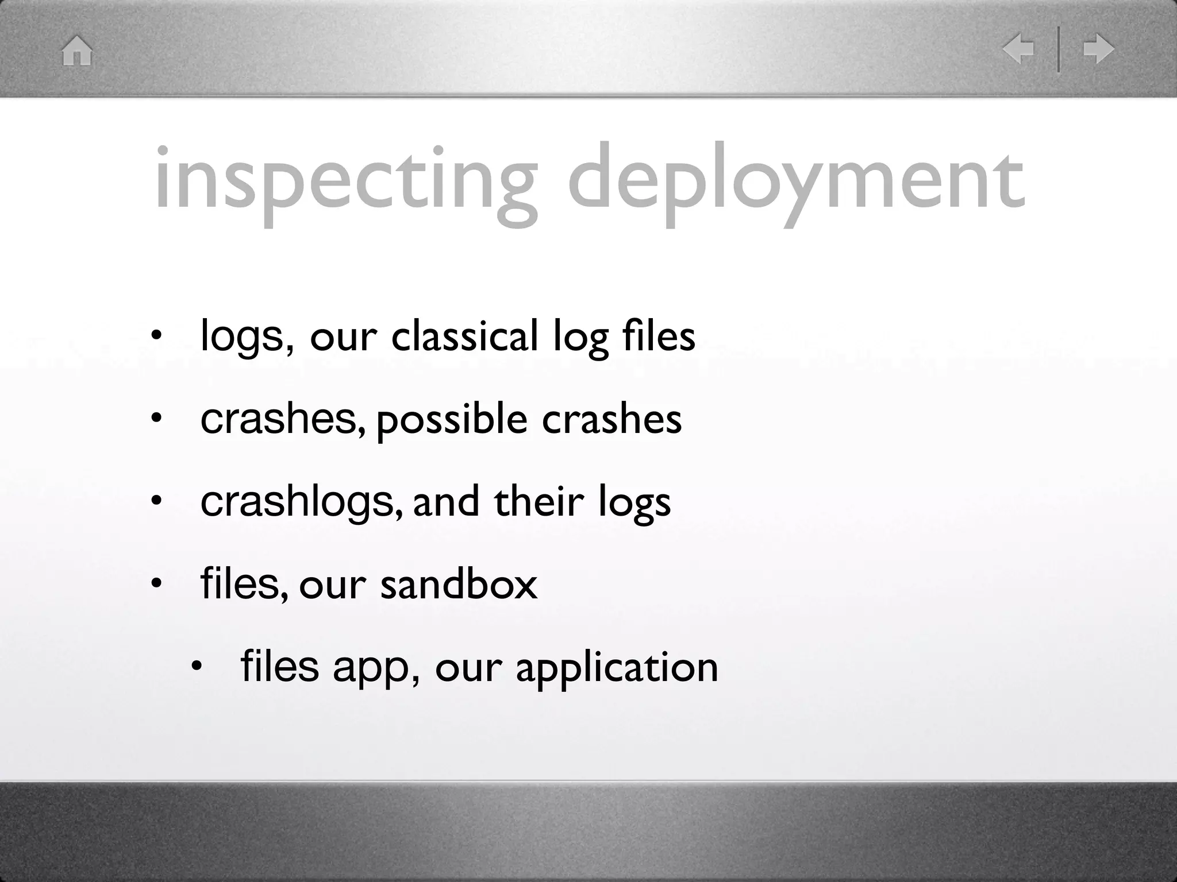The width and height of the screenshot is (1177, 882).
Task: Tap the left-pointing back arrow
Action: point(1018,49)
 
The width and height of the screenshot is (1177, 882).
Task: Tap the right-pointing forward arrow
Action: point(1098,49)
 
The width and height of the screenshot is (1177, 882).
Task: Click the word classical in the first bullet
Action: point(464,336)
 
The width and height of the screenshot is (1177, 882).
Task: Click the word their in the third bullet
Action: point(539,502)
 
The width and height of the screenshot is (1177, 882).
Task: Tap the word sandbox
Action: point(459,585)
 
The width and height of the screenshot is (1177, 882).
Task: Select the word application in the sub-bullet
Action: point(617,668)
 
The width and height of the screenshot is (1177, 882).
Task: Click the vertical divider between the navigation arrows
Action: point(1059,49)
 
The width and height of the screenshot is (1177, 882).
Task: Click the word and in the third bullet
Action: point(446,502)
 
